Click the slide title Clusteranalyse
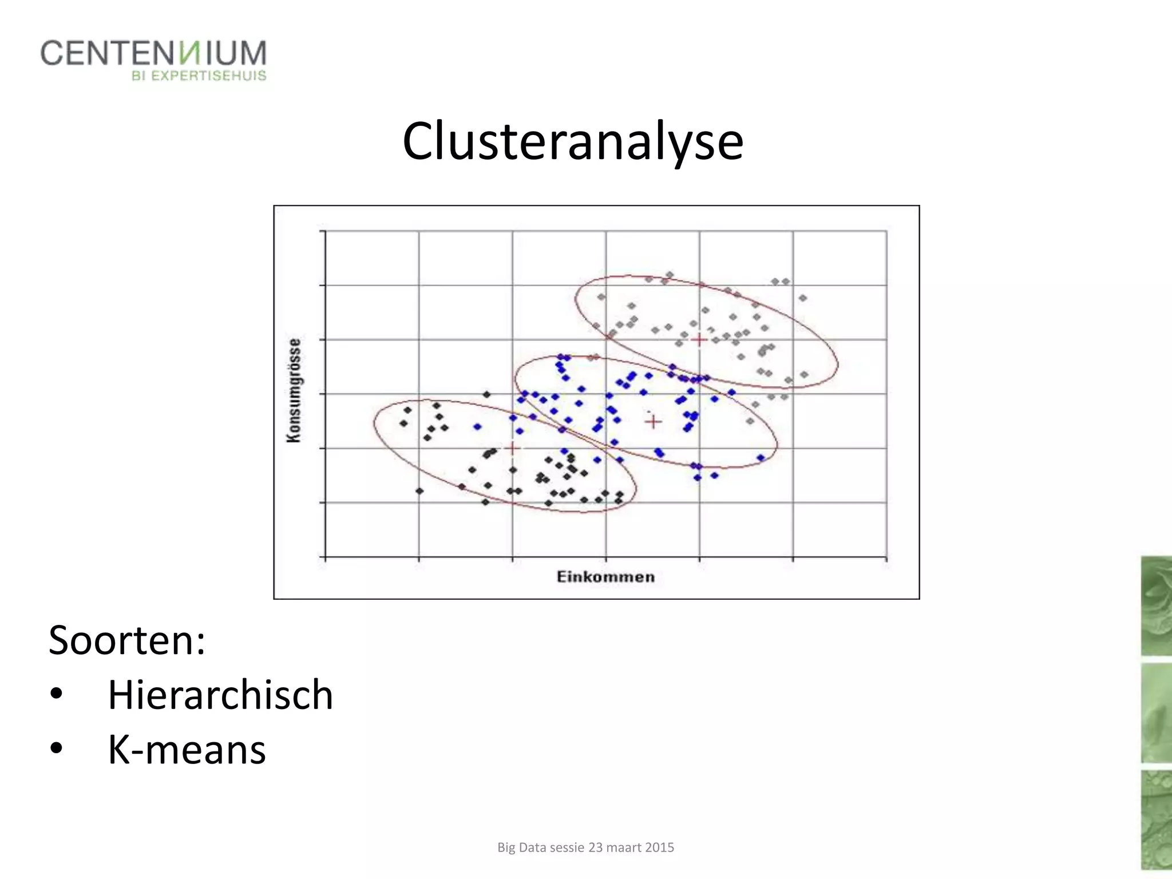click(x=573, y=141)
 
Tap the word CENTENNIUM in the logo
click(x=153, y=53)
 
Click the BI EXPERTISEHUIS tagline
click(x=199, y=76)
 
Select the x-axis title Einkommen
click(x=605, y=577)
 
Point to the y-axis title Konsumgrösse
click(x=294, y=390)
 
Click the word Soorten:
click(x=127, y=640)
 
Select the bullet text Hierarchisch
click(x=220, y=695)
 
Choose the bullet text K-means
click(x=187, y=750)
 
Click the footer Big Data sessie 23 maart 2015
click(x=585, y=848)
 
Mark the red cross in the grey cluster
click(x=699, y=339)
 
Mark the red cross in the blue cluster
click(x=654, y=422)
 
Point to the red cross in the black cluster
click(x=513, y=449)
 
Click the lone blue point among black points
click(x=477, y=426)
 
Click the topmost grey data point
click(x=670, y=275)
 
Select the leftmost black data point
click(x=403, y=423)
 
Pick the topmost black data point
click(x=486, y=394)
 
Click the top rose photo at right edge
click(x=1156, y=605)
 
